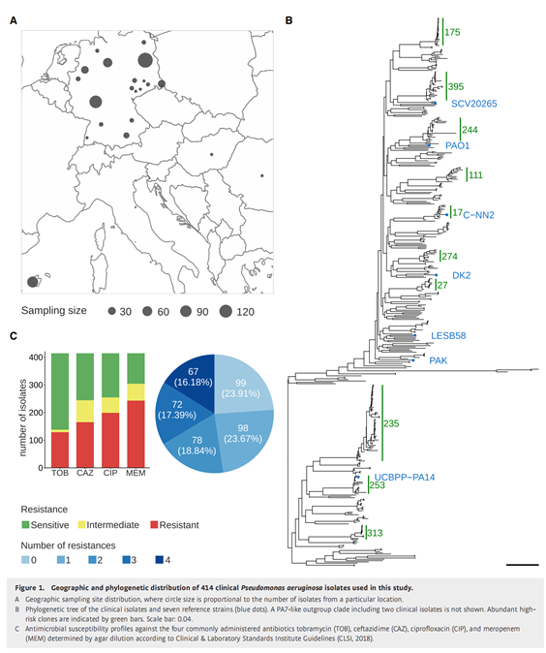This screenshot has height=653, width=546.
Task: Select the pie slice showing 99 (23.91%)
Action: pyautogui.click(x=240, y=388)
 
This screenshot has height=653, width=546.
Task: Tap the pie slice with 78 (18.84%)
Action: pyautogui.click(x=197, y=446)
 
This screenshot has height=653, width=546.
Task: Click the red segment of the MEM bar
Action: pyautogui.click(x=136, y=434)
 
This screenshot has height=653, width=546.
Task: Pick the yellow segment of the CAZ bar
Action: pyautogui.click(x=85, y=412)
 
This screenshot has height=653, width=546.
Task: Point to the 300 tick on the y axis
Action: pyautogui.click(x=36, y=385)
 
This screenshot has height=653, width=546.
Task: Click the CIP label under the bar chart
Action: pyautogui.click(x=110, y=473)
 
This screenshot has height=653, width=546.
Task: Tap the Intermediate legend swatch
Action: pyautogui.click(x=81, y=525)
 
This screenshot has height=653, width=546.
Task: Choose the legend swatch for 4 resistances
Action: pyautogui.click(x=159, y=560)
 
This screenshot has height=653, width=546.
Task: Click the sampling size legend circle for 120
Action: pyautogui.click(x=226, y=311)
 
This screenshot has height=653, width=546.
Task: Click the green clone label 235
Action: pyautogui.click(x=391, y=423)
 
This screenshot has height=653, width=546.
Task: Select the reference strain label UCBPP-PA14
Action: pyautogui.click(x=405, y=478)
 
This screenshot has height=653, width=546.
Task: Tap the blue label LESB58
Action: pyautogui.click(x=448, y=335)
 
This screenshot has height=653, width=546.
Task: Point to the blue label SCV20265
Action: pyautogui.click(x=474, y=104)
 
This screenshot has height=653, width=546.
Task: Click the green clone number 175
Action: pyautogui.click(x=452, y=32)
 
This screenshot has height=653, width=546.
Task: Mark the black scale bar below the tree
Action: pyautogui.click(x=522, y=565)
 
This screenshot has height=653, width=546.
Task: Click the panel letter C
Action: pyautogui.click(x=14, y=335)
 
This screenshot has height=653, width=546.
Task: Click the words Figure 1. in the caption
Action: pyautogui.click(x=30, y=588)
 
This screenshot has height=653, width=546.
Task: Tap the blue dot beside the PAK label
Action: pyautogui.click(x=413, y=360)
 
